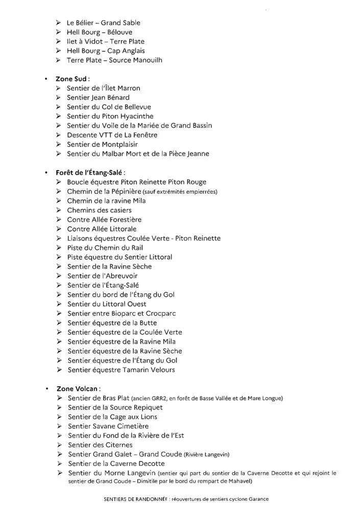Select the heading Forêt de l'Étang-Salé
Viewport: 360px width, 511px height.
click(x=90, y=173)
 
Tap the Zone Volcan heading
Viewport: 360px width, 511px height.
click(x=78, y=388)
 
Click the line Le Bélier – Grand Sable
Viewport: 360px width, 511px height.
click(x=103, y=23)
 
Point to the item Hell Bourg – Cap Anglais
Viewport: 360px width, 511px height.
click(x=106, y=51)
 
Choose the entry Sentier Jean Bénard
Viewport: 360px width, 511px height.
click(x=98, y=98)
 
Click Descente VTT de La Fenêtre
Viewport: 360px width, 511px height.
click(x=112, y=135)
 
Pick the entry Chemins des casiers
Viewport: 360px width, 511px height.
click(x=99, y=210)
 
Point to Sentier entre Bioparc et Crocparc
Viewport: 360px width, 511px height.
click(x=122, y=313)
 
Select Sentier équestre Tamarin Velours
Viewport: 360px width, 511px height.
click(x=121, y=370)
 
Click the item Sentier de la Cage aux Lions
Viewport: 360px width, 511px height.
click(x=112, y=417)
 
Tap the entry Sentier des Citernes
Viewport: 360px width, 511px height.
click(x=100, y=445)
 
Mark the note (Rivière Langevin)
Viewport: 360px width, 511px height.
click(x=207, y=455)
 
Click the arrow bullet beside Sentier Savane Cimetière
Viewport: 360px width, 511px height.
click(x=60, y=426)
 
